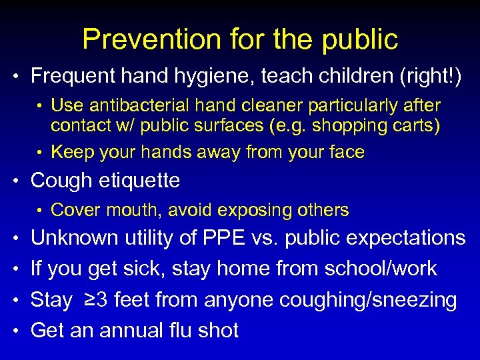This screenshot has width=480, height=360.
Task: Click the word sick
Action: click(143, 269)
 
